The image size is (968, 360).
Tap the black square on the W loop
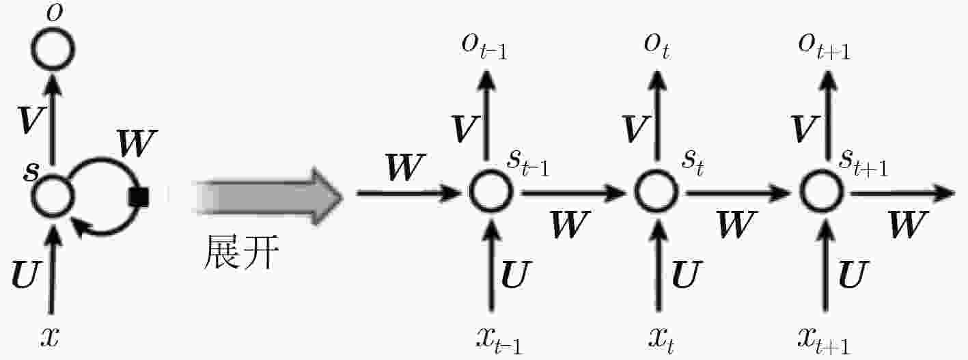[139, 197]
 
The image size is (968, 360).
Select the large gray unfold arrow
[268, 197]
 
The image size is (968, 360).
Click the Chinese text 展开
[241, 252]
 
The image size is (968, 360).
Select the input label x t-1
[499, 340]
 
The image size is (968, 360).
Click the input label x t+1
[824, 340]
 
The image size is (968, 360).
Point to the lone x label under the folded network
[50, 336]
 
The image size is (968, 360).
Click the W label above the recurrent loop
[137, 143]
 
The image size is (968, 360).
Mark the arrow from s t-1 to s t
[573, 193]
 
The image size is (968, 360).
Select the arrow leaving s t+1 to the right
[902, 193]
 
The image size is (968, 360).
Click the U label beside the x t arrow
[686, 274]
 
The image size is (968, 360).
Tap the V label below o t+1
[805, 129]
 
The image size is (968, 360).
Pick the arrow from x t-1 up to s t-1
[491, 264]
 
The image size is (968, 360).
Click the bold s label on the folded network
[31, 171]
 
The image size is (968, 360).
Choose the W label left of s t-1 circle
[405, 167]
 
